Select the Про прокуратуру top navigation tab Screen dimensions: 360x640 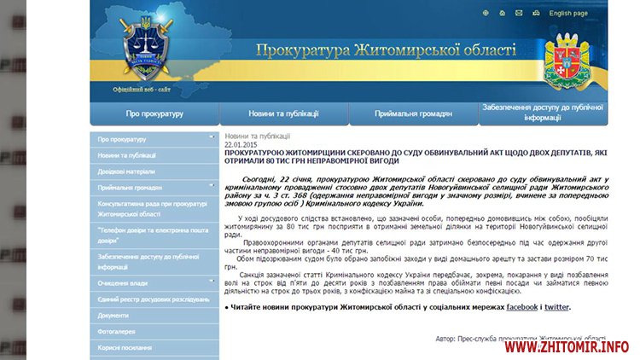tap(154, 113)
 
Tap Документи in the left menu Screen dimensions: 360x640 tap(113, 315)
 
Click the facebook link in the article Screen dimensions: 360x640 tap(522, 307)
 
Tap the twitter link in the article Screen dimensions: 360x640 tap(556, 307)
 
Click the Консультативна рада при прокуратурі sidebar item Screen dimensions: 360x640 tap(153, 209)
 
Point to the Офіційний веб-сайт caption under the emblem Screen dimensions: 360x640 tap(142, 90)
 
